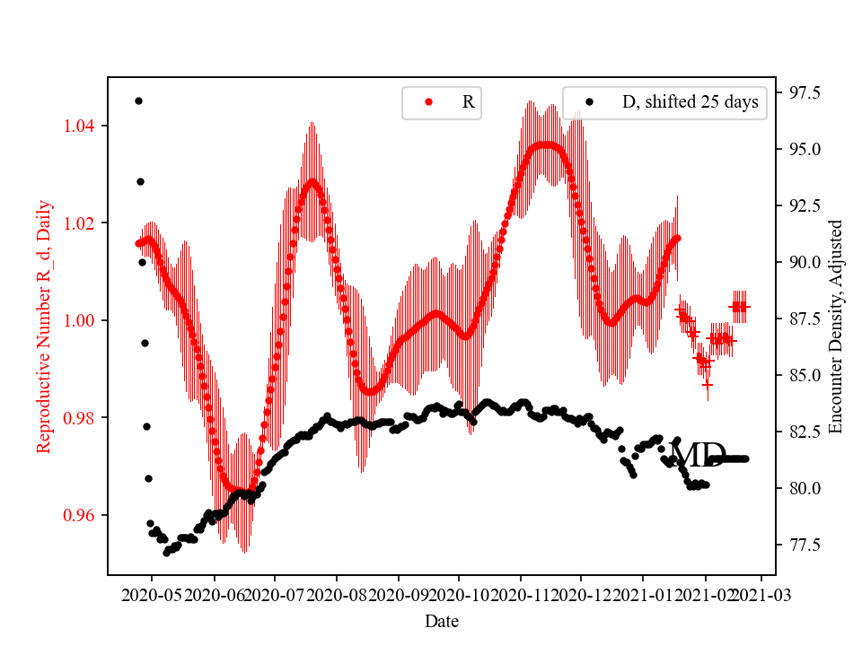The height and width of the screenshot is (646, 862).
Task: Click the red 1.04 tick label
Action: point(80,126)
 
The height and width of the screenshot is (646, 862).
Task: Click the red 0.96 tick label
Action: point(80,516)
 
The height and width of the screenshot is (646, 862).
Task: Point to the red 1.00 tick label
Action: point(80,321)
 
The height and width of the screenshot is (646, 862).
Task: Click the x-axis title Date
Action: point(443,620)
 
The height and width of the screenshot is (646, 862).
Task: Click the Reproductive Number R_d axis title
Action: point(44,326)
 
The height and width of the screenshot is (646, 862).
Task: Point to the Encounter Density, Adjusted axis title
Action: point(836,326)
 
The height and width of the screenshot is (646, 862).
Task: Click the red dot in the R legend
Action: point(428,102)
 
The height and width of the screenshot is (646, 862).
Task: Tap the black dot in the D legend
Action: point(589,102)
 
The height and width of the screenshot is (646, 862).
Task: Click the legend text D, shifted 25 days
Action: point(690,102)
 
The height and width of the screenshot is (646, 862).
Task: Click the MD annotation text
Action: point(698,456)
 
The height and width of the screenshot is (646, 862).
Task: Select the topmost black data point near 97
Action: point(138,100)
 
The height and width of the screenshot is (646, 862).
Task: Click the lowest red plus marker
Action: point(708,384)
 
